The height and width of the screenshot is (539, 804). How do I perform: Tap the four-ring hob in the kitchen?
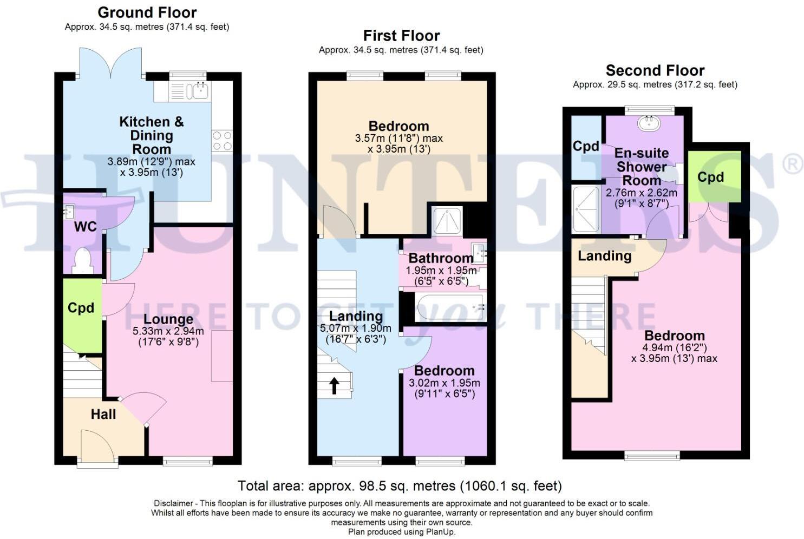[222, 141]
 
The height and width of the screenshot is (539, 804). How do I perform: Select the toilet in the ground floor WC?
[82, 260]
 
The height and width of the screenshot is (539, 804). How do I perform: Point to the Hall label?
[103, 414]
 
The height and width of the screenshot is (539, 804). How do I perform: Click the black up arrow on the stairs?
[334, 385]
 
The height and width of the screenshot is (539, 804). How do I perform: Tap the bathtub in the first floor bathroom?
[450, 307]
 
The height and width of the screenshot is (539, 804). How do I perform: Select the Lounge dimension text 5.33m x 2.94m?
[168, 331]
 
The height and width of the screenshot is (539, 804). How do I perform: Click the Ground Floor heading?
[147, 12]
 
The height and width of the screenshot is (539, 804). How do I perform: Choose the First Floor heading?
[401, 36]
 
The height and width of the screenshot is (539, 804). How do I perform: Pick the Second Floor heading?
[655, 70]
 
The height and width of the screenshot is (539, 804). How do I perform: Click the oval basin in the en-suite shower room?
[649, 123]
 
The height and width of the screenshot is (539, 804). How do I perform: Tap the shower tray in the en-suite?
[586, 209]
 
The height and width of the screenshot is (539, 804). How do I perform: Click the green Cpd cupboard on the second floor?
[715, 176]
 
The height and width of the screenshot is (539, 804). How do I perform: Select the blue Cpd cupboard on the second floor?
[586, 147]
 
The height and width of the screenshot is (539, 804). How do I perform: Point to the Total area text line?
[400, 486]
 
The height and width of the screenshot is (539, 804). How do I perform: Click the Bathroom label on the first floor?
[441, 258]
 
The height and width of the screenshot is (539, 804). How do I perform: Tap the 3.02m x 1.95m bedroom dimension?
[445, 383]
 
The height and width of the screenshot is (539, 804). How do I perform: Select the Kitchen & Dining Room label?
[152, 135]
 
